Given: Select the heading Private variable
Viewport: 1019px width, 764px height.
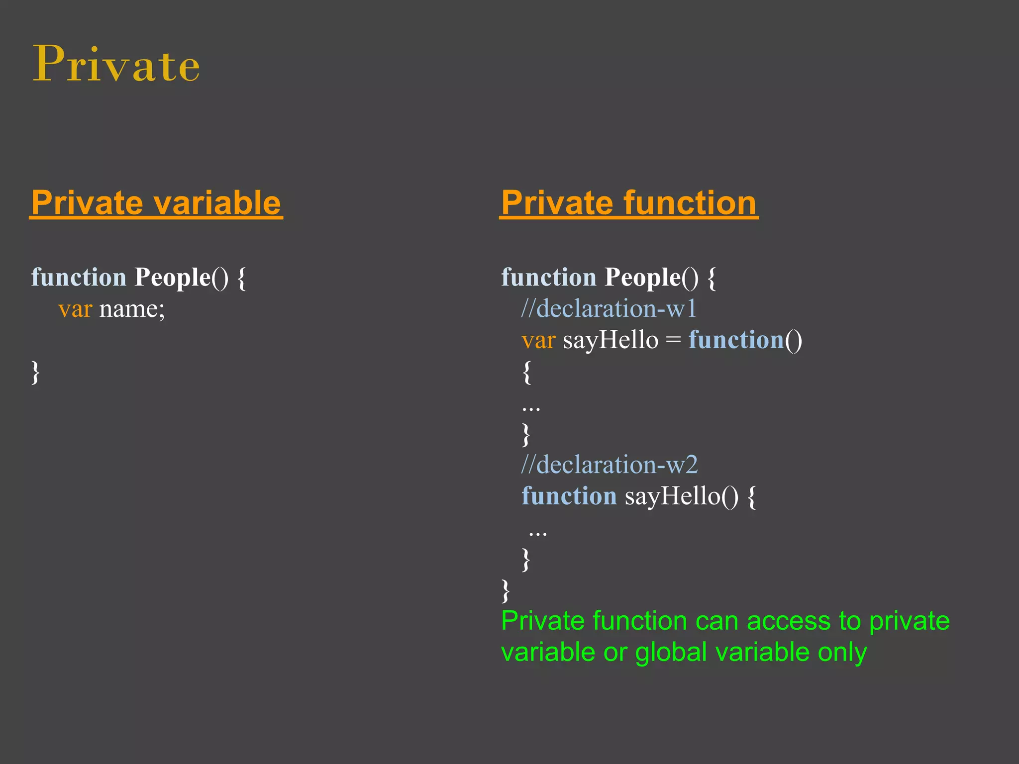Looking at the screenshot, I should [x=156, y=203].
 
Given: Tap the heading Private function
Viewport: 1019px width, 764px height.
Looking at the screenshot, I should [x=629, y=203].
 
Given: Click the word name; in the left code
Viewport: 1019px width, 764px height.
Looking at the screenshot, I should [x=132, y=309].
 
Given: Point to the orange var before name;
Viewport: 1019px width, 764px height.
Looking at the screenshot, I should [x=75, y=309].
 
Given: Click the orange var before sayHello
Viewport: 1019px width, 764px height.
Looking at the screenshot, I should [x=538, y=341].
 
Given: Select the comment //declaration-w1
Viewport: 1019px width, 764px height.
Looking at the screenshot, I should [x=609, y=309].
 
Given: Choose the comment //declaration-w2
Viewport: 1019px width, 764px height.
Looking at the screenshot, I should [x=610, y=465].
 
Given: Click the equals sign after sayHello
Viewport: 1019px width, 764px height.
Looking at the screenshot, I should [x=673, y=341].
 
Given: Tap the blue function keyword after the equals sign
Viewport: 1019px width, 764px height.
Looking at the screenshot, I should [x=736, y=341].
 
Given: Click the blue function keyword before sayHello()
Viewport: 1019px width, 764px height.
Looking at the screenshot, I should [x=569, y=496].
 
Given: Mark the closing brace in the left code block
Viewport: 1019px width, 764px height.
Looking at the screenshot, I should [x=35, y=372].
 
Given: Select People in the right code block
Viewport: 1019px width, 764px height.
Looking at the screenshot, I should [x=642, y=278].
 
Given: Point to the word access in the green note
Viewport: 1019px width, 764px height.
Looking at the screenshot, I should [x=789, y=621].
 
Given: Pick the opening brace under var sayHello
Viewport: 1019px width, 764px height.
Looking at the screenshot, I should [x=527, y=372].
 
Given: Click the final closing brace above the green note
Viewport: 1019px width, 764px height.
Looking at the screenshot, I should [x=506, y=590].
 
